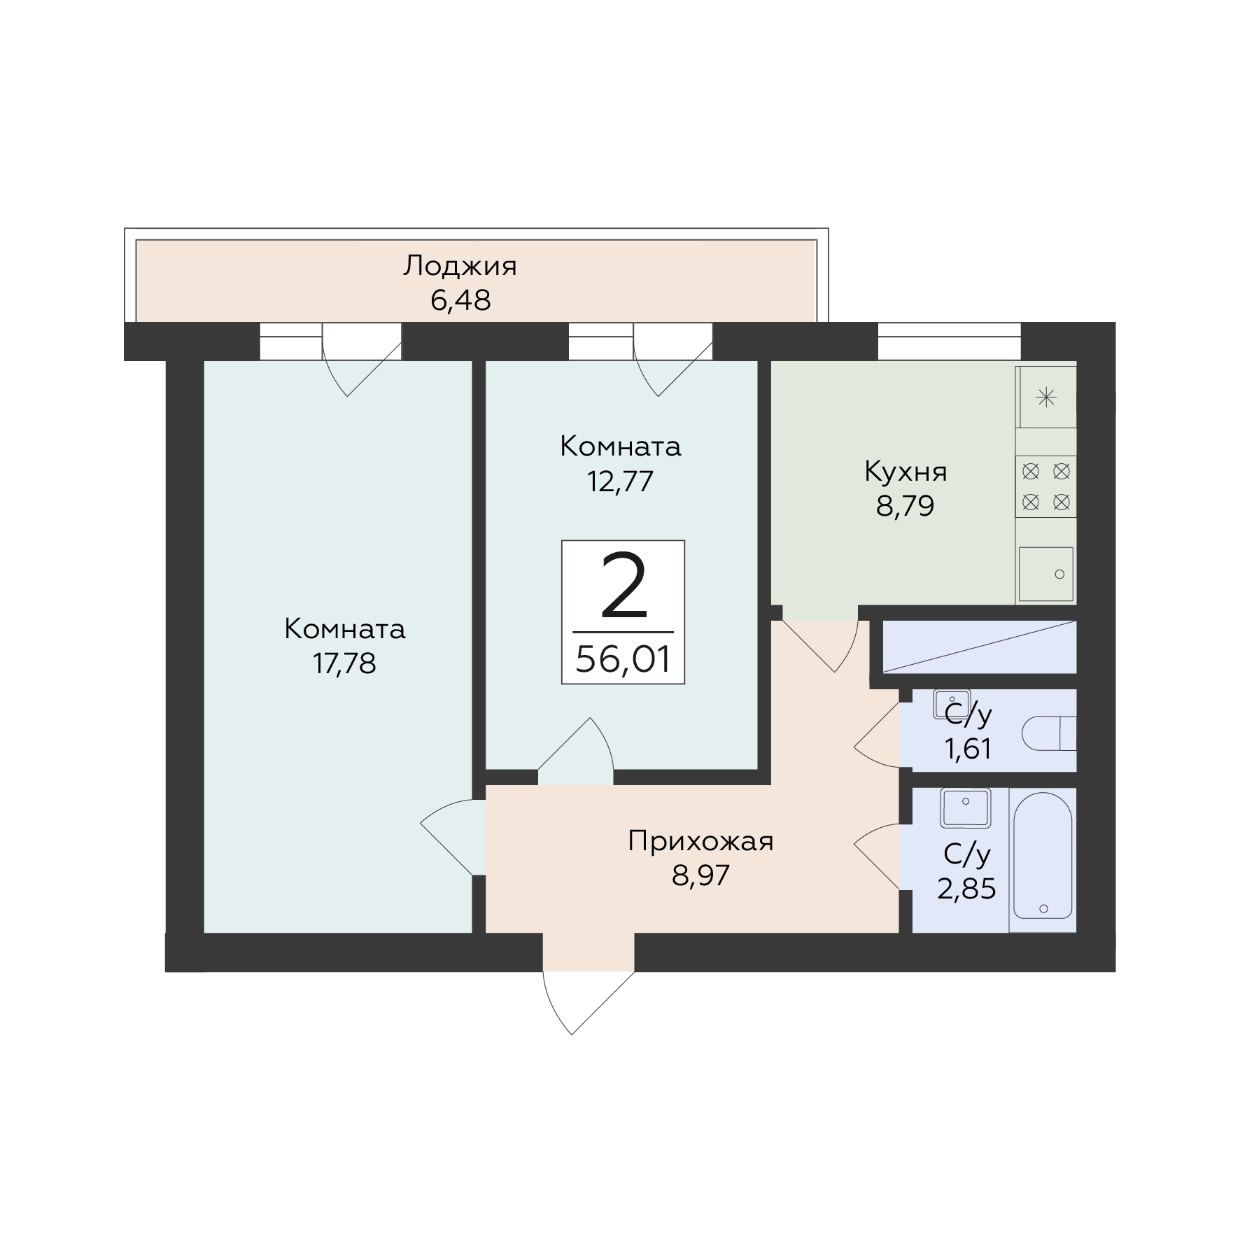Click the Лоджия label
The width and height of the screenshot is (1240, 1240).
460,267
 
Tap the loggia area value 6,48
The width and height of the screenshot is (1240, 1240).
460,300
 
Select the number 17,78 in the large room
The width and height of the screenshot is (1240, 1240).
344,663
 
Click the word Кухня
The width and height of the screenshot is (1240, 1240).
906,472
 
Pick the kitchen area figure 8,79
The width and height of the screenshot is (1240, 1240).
906,505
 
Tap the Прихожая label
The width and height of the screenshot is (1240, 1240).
700,841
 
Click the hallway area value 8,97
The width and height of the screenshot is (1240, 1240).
700,875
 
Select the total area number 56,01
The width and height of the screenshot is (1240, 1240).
623,658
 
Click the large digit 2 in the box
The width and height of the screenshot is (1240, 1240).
623,586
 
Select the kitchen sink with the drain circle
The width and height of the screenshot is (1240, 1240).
1045,574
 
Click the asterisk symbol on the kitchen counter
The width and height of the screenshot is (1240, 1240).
1046,398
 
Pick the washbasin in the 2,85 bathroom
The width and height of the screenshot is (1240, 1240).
966,808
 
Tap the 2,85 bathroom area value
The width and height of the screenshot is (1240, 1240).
966,889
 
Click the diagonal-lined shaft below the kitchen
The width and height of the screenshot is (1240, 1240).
979,647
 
